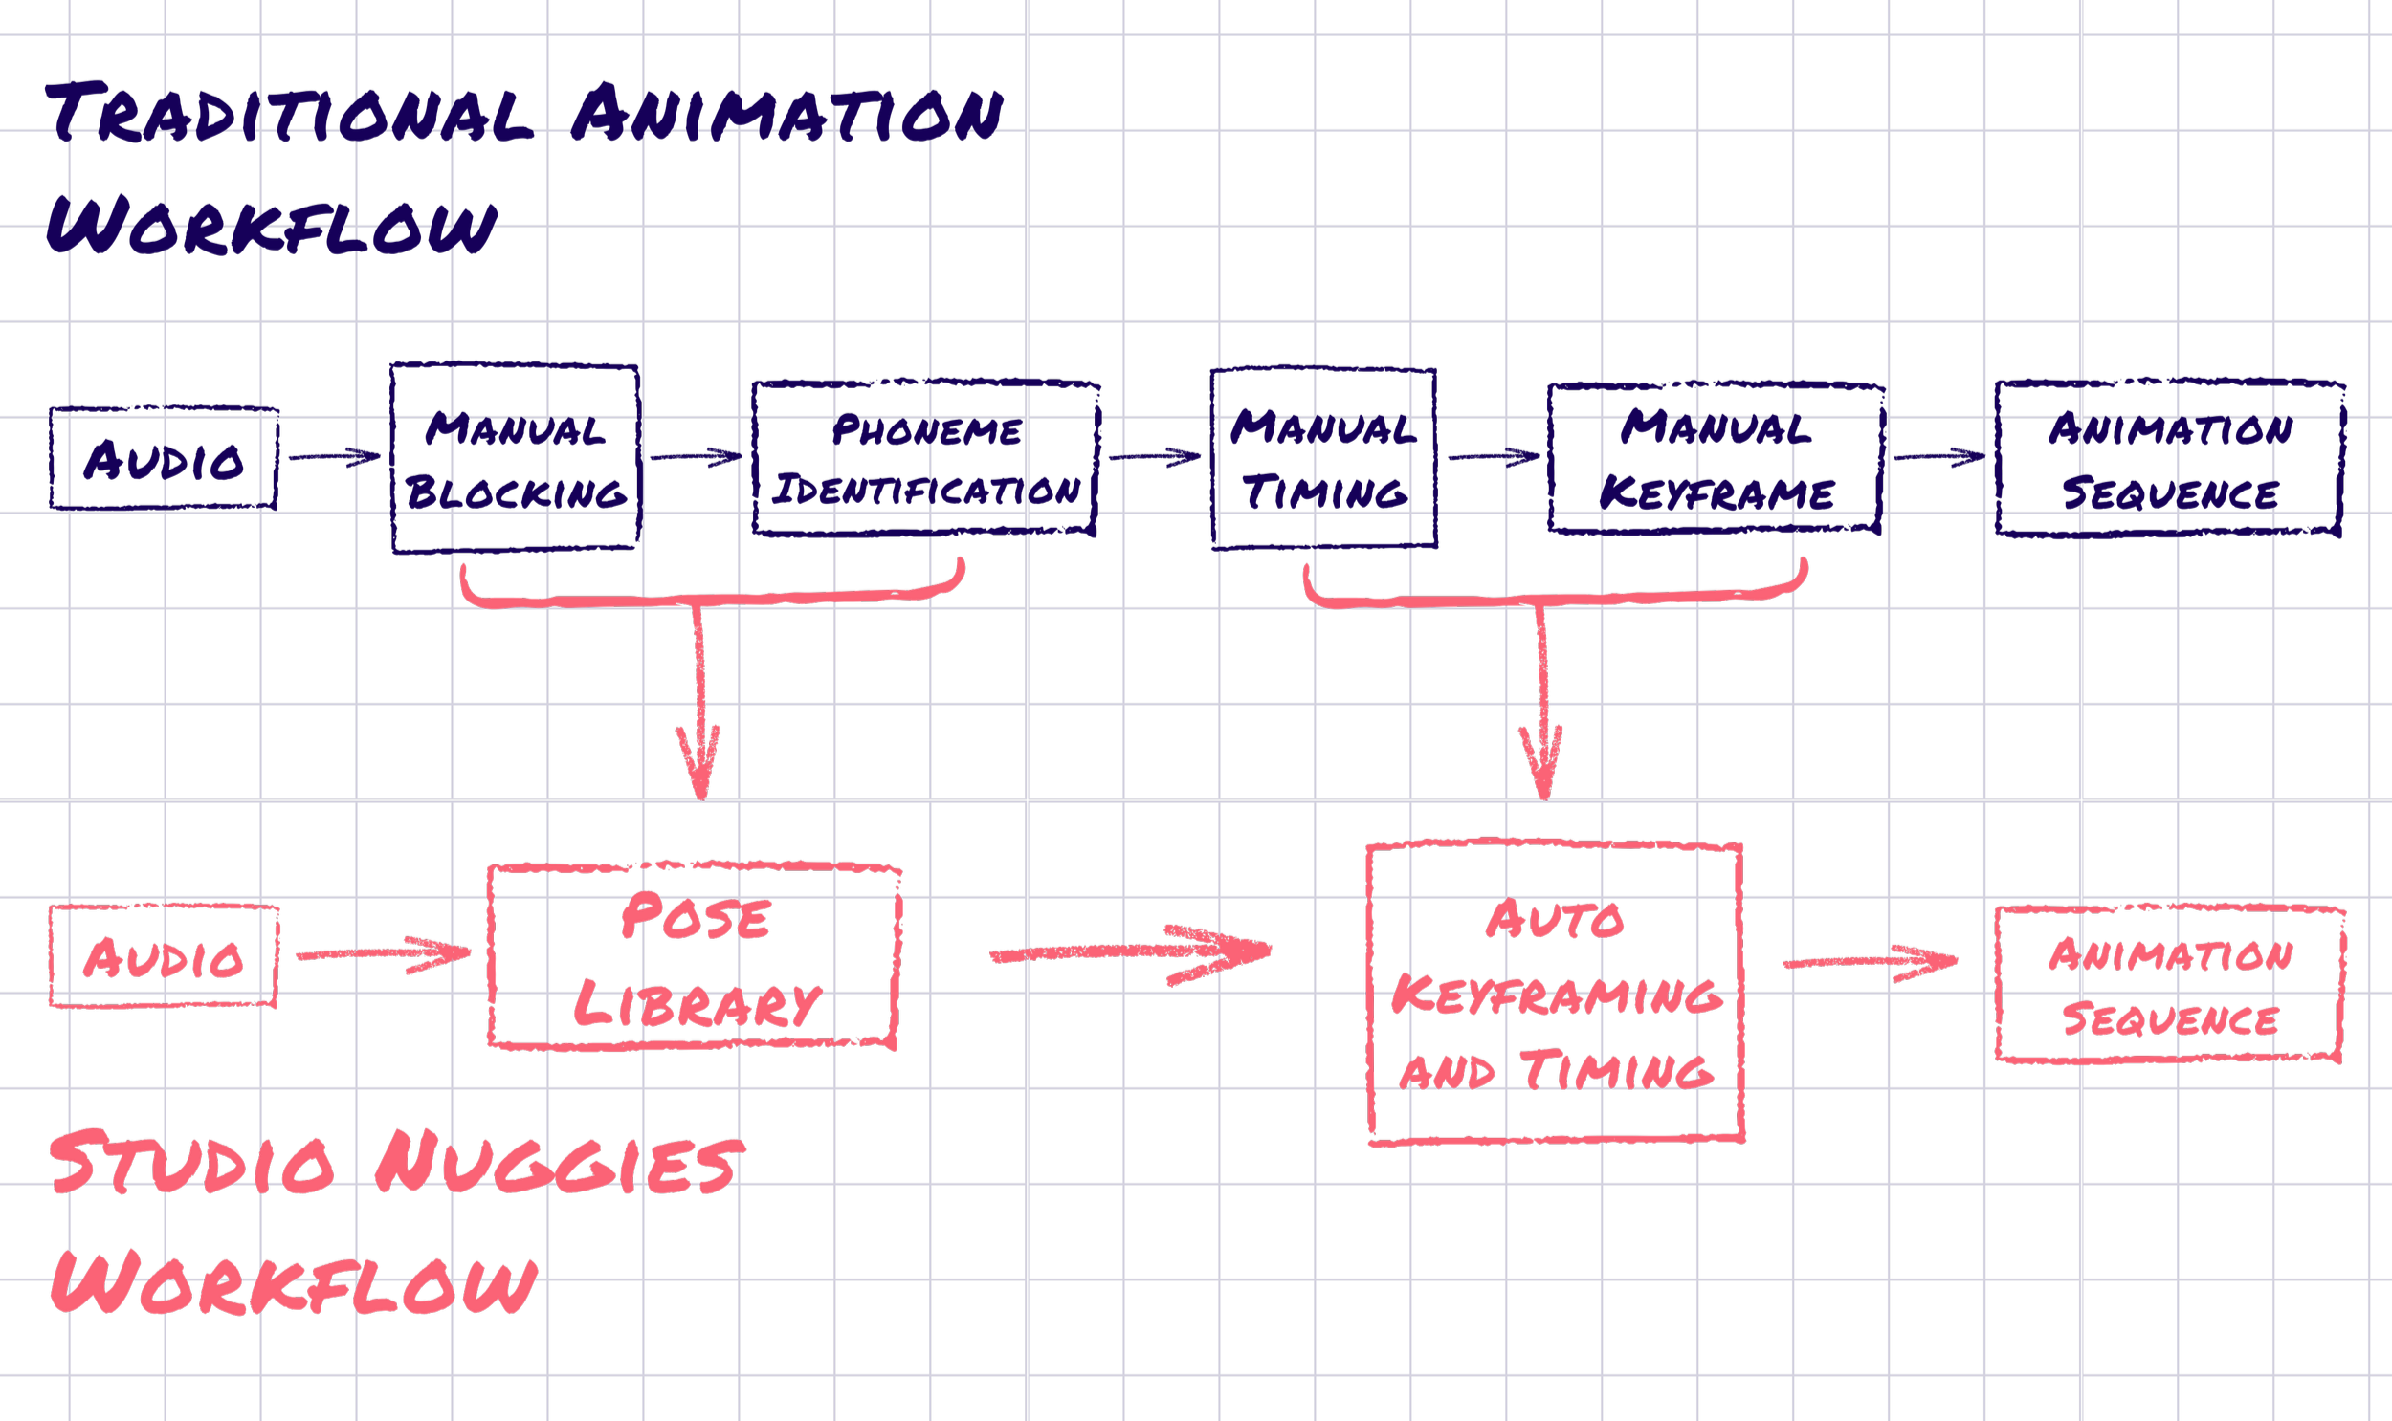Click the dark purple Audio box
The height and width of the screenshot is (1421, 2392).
(x=164, y=459)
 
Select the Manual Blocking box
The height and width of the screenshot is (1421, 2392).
(x=516, y=459)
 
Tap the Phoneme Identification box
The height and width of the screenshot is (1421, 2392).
(x=925, y=459)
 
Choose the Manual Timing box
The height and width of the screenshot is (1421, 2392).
(x=1324, y=459)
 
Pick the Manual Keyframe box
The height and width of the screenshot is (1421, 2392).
(x=1716, y=459)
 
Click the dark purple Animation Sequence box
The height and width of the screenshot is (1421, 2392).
(x=2171, y=459)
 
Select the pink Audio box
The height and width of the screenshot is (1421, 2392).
(x=164, y=956)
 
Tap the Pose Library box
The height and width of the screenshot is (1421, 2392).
(x=695, y=956)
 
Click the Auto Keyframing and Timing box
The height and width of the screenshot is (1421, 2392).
(x=1556, y=992)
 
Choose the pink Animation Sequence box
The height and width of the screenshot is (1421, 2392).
(x=2171, y=984)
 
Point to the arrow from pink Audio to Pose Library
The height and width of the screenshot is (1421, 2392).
(x=383, y=953)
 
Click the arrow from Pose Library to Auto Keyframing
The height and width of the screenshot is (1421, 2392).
(x=1130, y=952)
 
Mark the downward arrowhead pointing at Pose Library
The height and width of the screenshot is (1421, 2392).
(x=699, y=766)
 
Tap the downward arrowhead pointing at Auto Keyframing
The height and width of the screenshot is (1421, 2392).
(x=1542, y=766)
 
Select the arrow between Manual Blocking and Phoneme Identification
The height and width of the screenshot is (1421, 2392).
(x=697, y=457)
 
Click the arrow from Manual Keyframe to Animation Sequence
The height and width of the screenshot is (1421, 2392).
(x=1938, y=457)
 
